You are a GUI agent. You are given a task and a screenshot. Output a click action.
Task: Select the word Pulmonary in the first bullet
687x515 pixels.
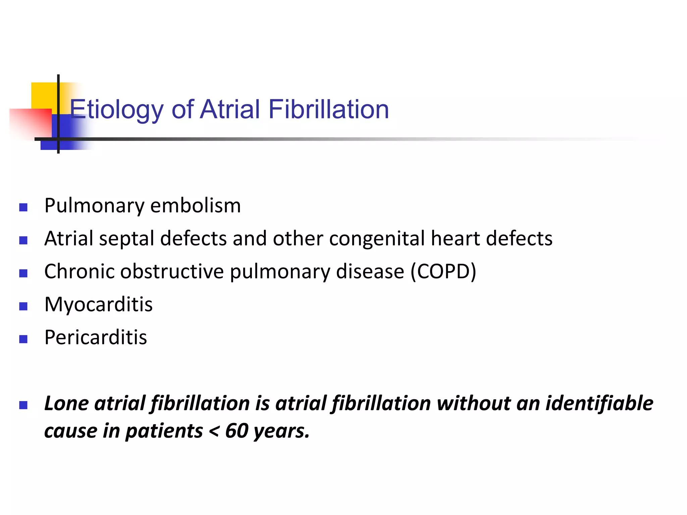[94, 206]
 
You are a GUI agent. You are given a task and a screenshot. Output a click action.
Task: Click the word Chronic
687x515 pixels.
[80, 271]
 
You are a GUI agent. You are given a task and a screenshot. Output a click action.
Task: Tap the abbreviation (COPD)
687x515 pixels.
[443, 271]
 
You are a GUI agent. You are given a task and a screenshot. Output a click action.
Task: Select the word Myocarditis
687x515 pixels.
[98, 304]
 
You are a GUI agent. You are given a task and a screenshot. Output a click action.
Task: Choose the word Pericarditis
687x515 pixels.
[96, 337]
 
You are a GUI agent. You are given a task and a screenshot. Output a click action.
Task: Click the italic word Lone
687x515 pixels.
[66, 403]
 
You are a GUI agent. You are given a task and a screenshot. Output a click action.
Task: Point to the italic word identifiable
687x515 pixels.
[599, 403]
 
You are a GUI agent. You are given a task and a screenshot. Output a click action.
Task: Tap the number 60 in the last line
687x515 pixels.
[236, 431]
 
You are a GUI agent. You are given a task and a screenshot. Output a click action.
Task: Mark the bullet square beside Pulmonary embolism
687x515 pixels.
[23, 208]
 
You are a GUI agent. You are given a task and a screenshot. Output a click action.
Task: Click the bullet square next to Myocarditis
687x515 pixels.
[23, 306]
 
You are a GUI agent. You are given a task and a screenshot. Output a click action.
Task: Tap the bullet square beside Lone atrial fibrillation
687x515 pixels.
[23, 405]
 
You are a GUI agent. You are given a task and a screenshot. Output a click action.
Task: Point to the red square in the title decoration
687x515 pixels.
[30, 122]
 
